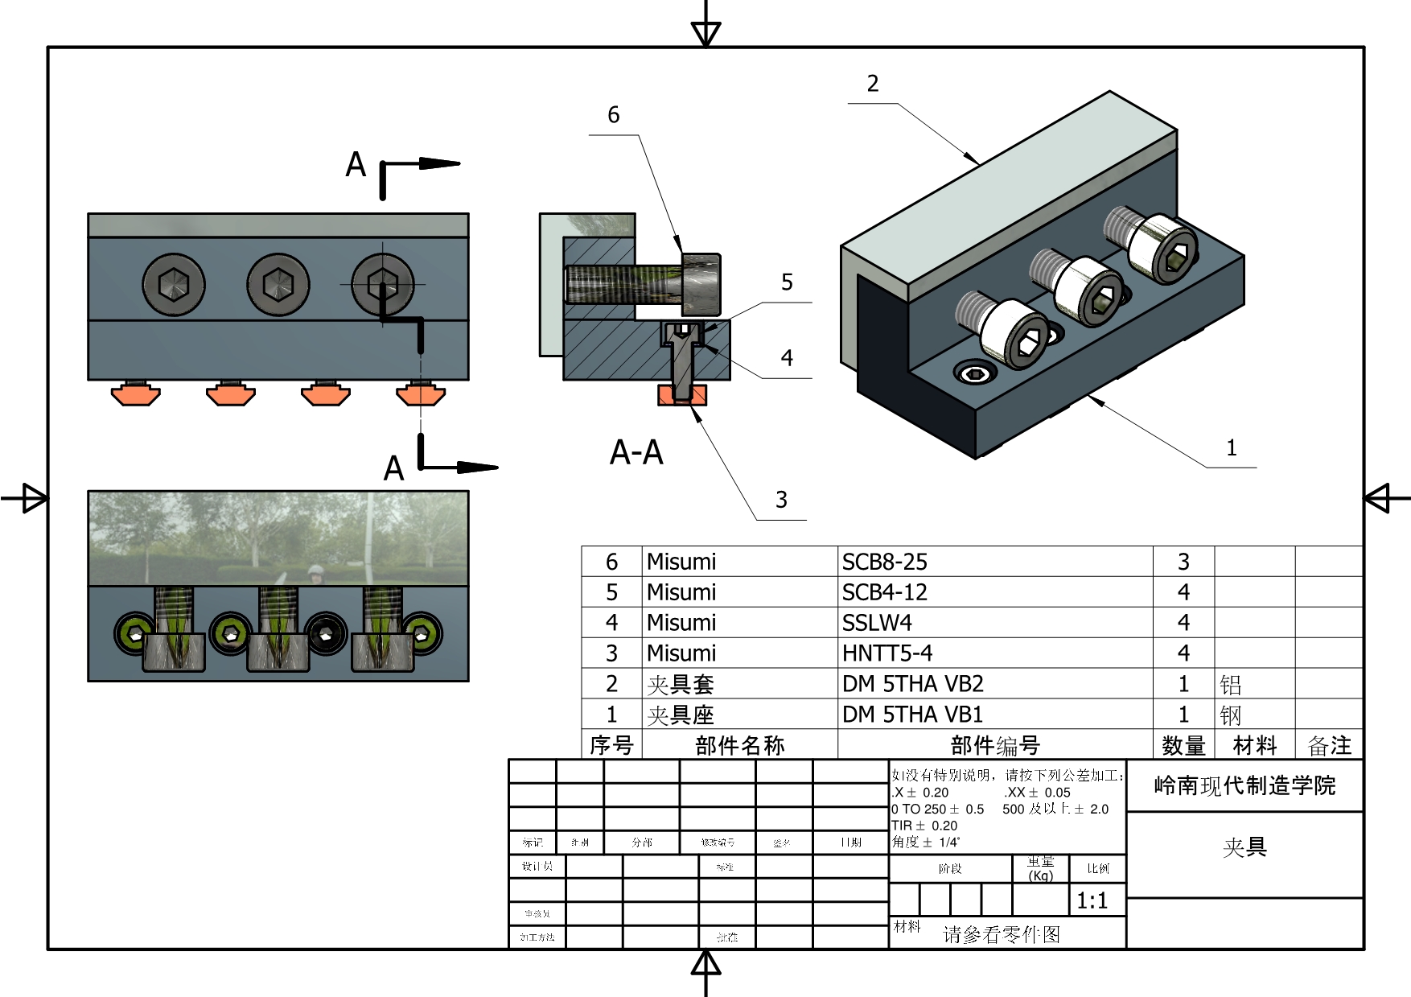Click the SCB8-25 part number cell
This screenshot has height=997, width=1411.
coord(884,562)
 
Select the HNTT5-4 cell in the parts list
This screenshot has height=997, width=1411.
coord(887,653)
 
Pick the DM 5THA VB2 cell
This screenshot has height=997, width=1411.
coord(912,684)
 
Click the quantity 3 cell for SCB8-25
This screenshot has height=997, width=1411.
coord(1183,562)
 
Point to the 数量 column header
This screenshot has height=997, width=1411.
coord(1183,745)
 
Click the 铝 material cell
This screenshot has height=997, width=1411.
coord(1230,685)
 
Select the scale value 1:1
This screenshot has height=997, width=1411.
coord(1092,900)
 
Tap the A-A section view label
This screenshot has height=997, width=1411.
coord(636,452)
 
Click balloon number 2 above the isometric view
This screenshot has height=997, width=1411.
coord(873,84)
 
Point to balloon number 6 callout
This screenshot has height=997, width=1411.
coord(613,115)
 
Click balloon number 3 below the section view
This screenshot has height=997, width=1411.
coord(781,500)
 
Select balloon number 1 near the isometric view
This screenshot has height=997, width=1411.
coord(1231,448)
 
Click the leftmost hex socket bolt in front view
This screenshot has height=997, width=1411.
coord(174,284)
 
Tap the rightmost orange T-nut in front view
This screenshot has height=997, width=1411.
coord(421,394)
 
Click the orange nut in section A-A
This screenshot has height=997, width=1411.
coord(682,394)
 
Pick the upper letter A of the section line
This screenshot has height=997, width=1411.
coord(356,165)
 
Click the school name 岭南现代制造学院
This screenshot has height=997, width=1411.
coord(1244,785)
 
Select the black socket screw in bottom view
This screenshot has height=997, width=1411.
coord(327,632)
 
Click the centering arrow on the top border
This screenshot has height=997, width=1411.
coord(705,32)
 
